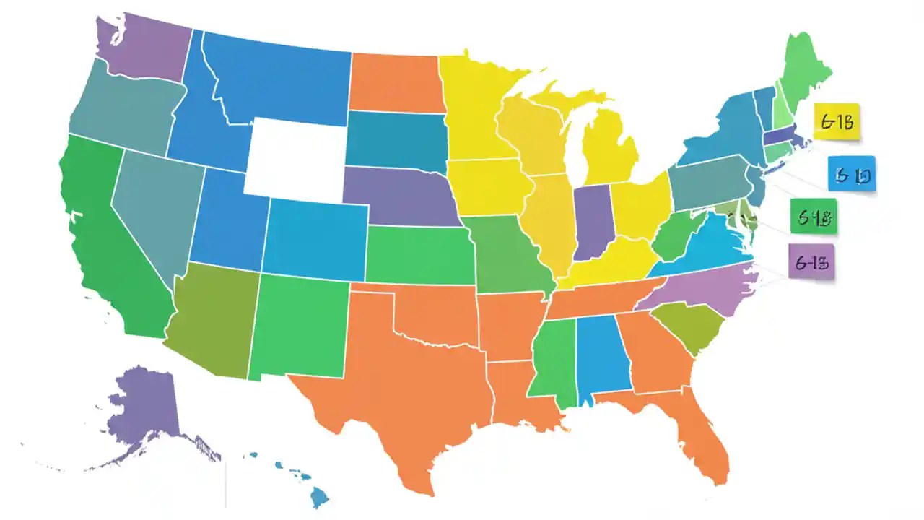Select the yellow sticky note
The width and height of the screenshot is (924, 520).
pyautogui.click(x=837, y=121)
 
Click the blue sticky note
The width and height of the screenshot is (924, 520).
pyautogui.click(x=852, y=174)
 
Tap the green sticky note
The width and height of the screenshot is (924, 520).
pyautogui.click(x=814, y=217)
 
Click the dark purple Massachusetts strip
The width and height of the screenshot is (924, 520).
pyautogui.click(x=783, y=136)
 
